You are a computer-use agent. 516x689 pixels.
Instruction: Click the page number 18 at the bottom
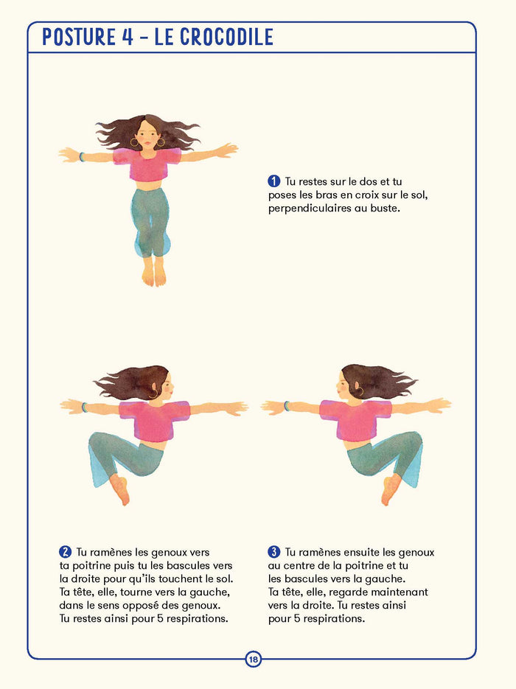(254, 660)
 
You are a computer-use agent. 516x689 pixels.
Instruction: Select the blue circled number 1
(274, 181)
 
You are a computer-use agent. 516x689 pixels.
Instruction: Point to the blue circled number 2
(65, 551)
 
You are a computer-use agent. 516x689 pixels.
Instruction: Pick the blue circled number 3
(274, 551)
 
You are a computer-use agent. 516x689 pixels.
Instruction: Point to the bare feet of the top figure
(153, 273)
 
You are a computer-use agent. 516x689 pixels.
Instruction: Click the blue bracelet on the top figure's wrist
(82, 156)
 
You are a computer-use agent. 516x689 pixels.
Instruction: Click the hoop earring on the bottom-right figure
(359, 393)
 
